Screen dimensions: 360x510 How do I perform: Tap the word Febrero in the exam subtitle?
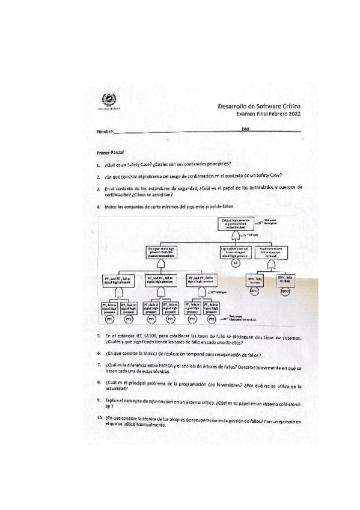pyautogui.click(x=272, y=113)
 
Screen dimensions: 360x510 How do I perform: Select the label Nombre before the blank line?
pyautogui.click(x=105, y=131)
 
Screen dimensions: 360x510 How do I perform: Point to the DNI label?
pyautogui.click(x=245, y=129)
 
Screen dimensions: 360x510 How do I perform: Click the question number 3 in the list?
pyautogui.click(x=98, y=188)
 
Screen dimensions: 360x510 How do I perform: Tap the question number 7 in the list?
pyautogui.click(x=98, y=365)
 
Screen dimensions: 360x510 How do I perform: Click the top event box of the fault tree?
pyautogui.click(x=235, y=225)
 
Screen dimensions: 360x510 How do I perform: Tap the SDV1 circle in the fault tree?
pyautogui.click(x=254, y=291)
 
